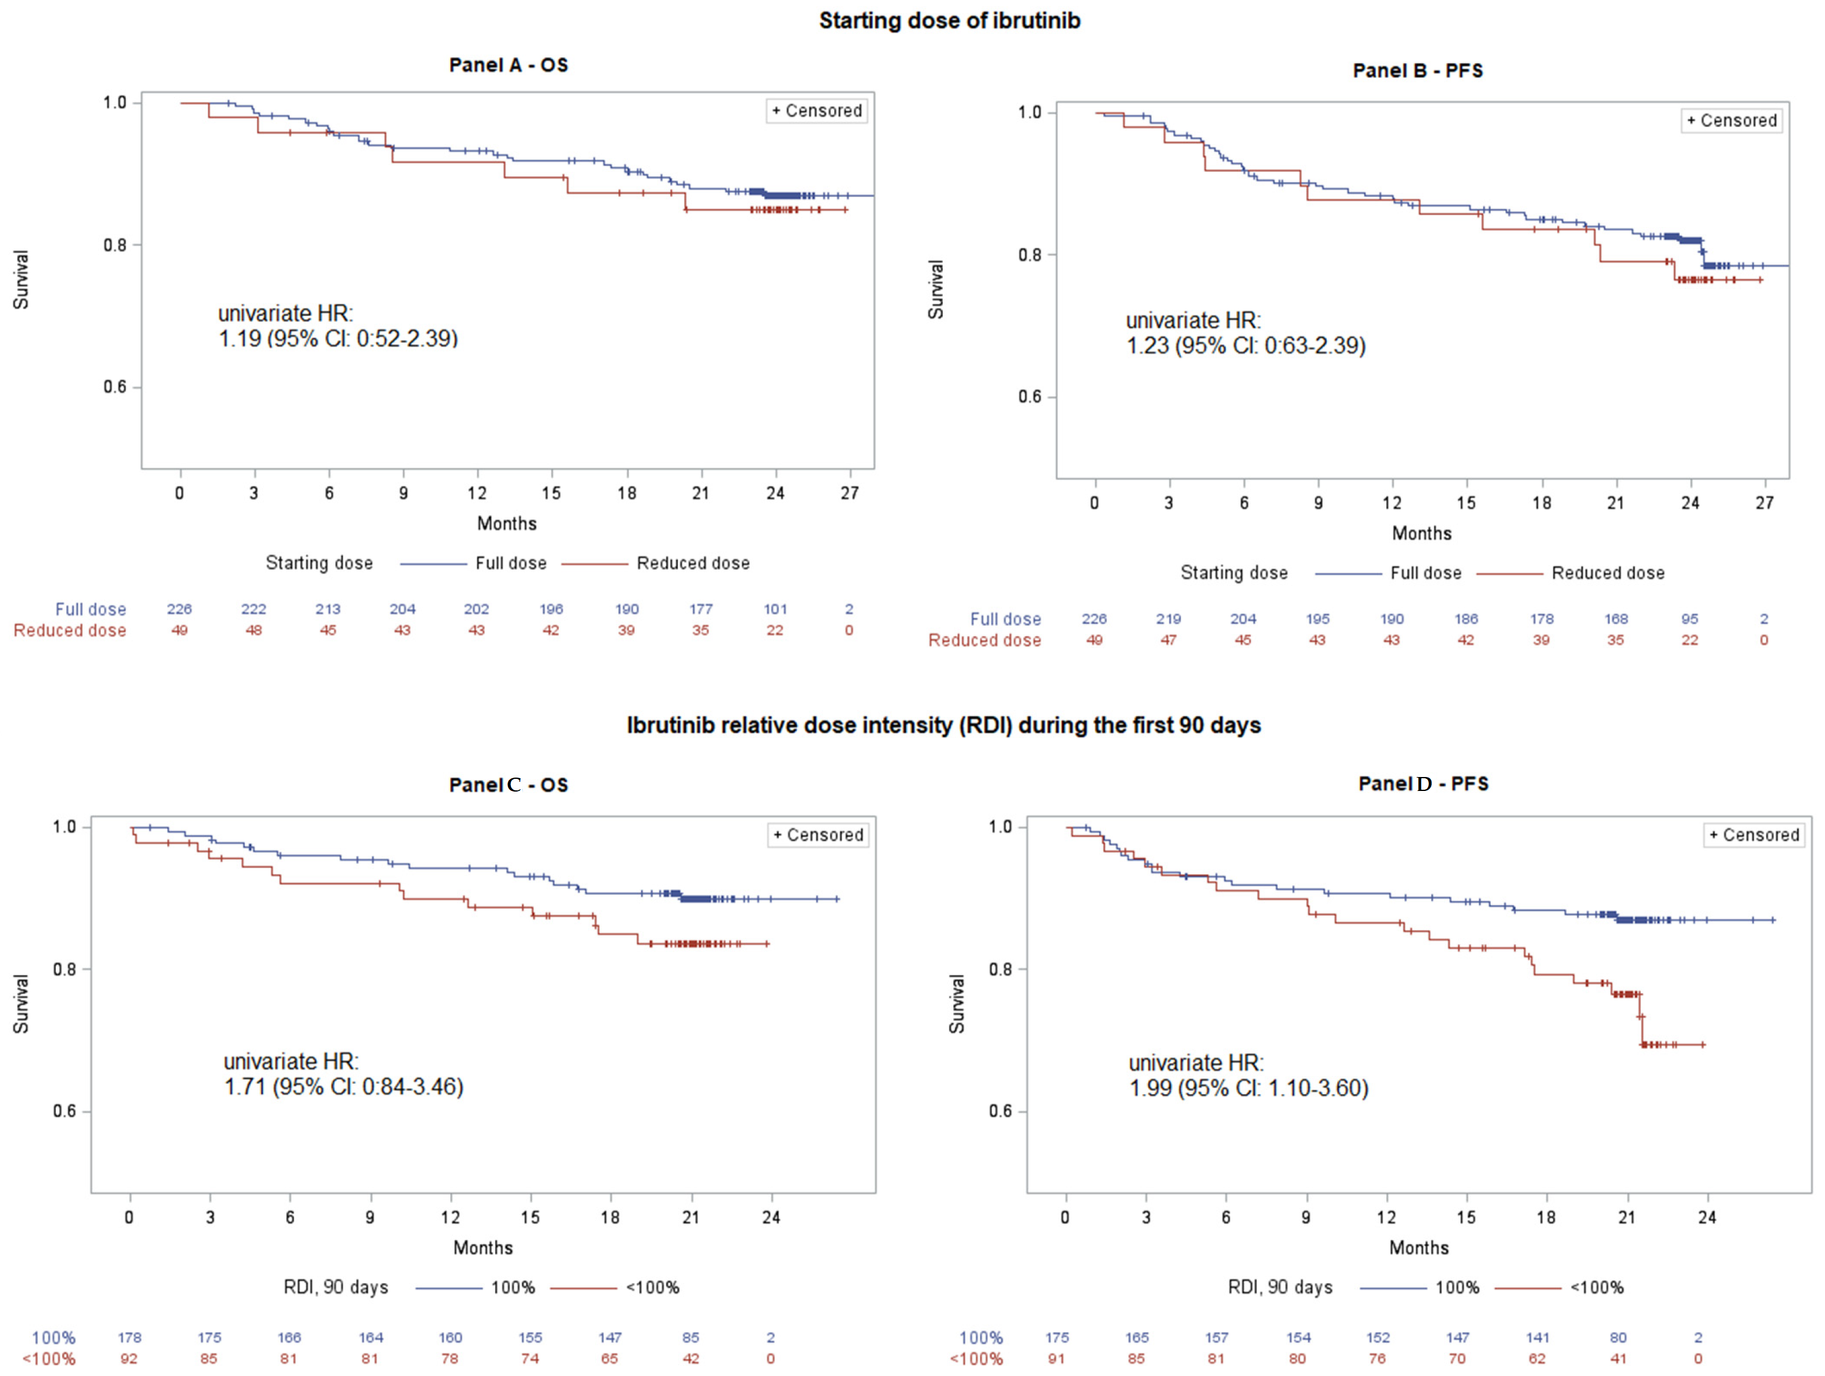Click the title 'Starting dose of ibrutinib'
(949, 21)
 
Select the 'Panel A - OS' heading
(508, 65)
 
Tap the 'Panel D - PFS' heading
(1423, 784)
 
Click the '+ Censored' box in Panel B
(1732, 120)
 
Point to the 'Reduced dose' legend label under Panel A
(693, 563)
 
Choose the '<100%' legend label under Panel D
(1597, 1288)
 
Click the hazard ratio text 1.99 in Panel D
(1150, 1088)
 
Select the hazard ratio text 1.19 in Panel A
(239, 338)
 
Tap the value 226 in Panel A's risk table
(179, 609)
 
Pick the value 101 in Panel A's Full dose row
(775, 609)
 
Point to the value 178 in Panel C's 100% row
(129, 1337)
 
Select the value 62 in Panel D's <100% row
(1537, 1358)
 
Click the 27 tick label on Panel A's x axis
(850, 493)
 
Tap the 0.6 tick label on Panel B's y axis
(1030, 397)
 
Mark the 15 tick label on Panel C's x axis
(530, 1217)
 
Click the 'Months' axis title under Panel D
(1419, 1248)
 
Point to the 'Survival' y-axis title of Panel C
(21, 1004)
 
